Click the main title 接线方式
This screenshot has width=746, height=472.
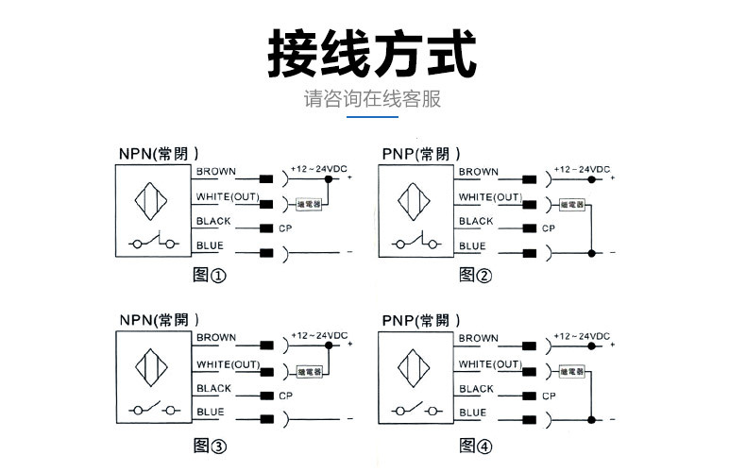click(372, 52)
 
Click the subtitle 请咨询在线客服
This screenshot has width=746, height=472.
click(372, 99)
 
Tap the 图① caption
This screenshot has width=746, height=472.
click(210, 275)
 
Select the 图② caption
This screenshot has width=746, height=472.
click(475, 275)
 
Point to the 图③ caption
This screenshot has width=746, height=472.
click(210, 444)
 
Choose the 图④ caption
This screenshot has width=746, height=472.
click(475, 444)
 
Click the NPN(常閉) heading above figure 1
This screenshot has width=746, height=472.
click(158, 154)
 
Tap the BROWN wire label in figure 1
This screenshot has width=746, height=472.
click(215, 172)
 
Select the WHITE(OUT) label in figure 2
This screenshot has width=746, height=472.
click(490, 196)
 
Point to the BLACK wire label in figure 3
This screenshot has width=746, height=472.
click(213, 388)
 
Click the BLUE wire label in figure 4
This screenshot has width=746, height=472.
click(472, 412)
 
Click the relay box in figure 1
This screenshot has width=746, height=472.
click(310, 203)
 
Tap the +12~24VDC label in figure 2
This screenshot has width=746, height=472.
click(582, 168)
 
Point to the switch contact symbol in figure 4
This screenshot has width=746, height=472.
click(419, 411)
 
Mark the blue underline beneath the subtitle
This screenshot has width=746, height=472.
click(372, 118)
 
